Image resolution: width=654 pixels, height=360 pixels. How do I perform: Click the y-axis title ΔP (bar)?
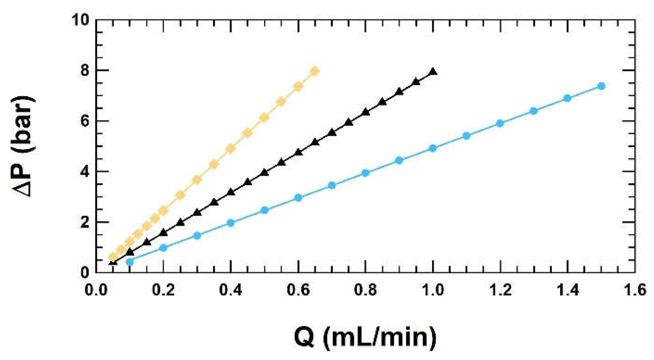click(x=23, y=146)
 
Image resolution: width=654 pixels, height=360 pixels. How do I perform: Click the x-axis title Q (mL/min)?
click(x=365, y=337)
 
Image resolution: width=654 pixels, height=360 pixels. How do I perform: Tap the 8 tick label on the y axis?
click(x=84, y=70)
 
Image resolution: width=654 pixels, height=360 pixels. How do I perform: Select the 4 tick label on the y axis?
click(x=84, y=171)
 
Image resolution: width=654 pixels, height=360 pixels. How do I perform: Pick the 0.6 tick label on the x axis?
click(x=298, y=290)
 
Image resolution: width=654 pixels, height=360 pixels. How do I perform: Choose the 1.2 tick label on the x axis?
click(x=500, y=290)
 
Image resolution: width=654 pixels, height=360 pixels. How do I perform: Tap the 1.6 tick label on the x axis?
click(x=634, y=290)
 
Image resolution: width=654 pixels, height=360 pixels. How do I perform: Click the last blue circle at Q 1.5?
click(x=601, y=86)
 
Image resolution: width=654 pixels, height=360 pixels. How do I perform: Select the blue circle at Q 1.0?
click(x=433, y=148)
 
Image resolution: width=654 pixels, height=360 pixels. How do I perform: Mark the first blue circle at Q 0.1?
click(x=130, y=262)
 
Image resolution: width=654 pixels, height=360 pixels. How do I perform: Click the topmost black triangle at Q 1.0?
click(x=433, y=72)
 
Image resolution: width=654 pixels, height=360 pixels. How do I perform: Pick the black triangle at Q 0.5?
click(x=264, y=172)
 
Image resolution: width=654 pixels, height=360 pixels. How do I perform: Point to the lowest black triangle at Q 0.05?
click(x=113, y=262)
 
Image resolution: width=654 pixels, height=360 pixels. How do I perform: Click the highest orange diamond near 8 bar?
click(x=315, y=71)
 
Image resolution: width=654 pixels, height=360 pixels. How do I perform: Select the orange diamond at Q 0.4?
click(x=231, y=149)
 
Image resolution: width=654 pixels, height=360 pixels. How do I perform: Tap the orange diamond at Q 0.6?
click(x=298, y=87)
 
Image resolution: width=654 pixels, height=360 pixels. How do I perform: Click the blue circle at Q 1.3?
click(x=534, y=111)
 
